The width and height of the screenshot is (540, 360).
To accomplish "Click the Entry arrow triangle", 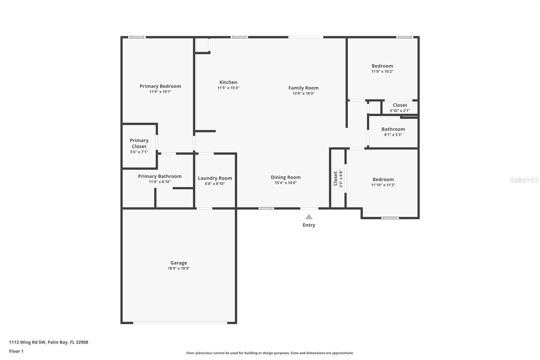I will pos(309,217).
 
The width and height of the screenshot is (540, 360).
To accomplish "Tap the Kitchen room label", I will pos(228,82).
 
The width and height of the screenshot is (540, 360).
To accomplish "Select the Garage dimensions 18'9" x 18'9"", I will pos(179,268).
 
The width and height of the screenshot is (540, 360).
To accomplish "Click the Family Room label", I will pos(303,88).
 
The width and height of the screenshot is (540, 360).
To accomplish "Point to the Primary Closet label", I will pos(139,143).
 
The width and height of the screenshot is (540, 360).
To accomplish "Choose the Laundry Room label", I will pos(215,178).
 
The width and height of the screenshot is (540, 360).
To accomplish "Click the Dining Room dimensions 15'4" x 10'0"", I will pos(286,183).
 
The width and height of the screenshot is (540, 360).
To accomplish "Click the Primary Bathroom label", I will pos(160,176).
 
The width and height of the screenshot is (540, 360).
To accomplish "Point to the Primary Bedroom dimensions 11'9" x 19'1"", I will pos(160,92).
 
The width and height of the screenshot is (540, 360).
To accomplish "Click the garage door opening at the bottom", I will pos(180,323).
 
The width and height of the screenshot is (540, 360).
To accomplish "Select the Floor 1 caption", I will pos(16,351).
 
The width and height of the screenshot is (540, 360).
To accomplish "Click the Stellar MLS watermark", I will pos(524,180).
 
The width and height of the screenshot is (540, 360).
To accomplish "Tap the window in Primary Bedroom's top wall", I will pos(137,37).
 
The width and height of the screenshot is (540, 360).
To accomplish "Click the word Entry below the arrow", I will pos(309,225).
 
